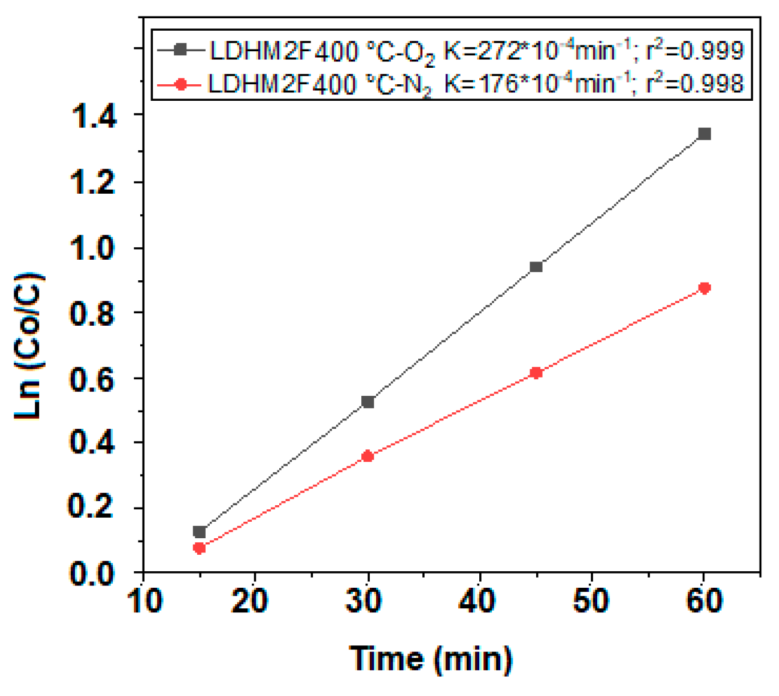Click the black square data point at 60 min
click(704, 134)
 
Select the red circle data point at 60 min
click(704, 288)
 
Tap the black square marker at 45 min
click(536, 267)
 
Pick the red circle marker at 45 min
click(536, 373)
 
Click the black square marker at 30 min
click(368, 402)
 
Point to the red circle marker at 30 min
click(368, 456)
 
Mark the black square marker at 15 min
click(199, 532)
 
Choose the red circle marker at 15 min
click(199, 548)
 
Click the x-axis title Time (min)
click(430, 659)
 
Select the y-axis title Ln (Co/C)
click(28, 346)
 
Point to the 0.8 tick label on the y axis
click(93, 313)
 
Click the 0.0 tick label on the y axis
click(93, 573)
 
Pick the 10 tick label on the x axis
click(146, 601)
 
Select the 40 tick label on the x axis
click(478, 601)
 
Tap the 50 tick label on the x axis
click(590, 601)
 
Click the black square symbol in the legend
click(181, 50)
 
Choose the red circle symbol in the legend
click(181, 85)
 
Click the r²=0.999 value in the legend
click(694, 51)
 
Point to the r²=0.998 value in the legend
click(694, 84)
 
